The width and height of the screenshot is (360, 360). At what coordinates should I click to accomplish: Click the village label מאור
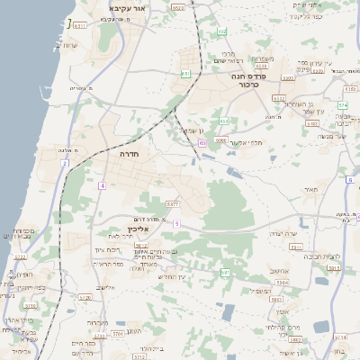312,191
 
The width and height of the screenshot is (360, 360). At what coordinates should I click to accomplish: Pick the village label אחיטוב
279,272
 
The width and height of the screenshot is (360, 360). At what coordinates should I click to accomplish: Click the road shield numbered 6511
81,26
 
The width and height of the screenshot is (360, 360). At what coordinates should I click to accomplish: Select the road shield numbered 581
225,272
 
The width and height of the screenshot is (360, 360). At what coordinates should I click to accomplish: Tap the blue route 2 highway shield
65,163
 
